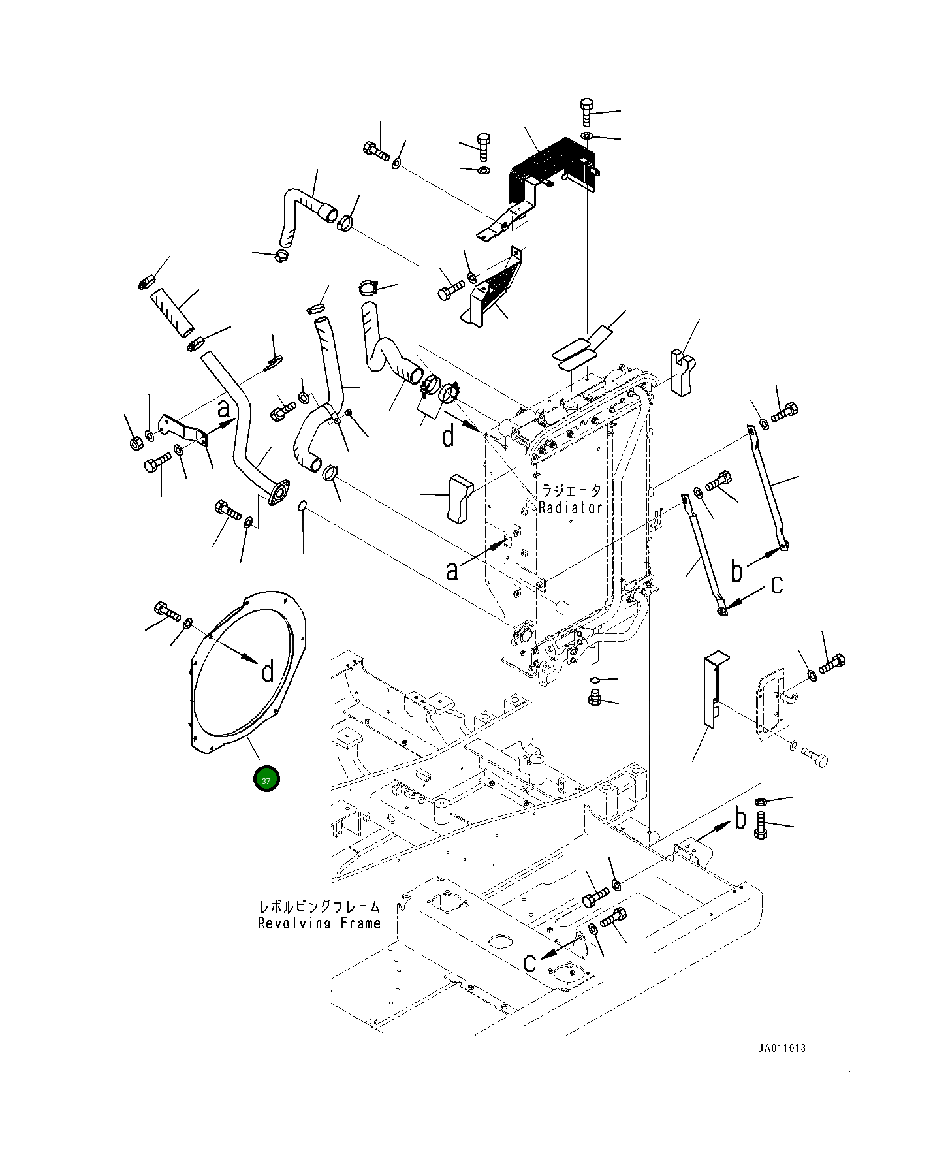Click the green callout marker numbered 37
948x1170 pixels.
pyautogui.click(x=267, y=780)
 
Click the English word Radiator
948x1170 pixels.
pyautogui.click(x=570, y=507)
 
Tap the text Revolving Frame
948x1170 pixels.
pyautogui.click(x=319, y=923)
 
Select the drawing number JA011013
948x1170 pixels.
pyautogui.click(x=782, y=1048)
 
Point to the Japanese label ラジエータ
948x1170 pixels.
pyautogui.click(x=570, y=490)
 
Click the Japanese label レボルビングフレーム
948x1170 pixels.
pyautogui.click(x=319, y=907)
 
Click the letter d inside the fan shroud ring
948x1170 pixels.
pyautogui.click(x=268, y=671)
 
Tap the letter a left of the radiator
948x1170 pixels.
pyautogui.click(x=451, y=571)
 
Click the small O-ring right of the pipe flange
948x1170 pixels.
pyautogui.click(x=302, y=507)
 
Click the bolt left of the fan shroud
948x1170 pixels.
pyautogui.click(x=166, y=612)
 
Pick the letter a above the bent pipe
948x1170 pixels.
pyautogui.click(x=223, y=409)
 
